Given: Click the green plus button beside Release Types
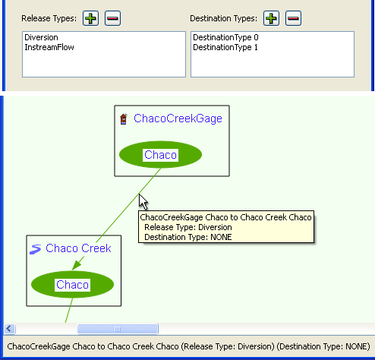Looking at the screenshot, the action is (x=90, y=18).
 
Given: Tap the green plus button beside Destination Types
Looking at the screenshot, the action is (x=271, y=18).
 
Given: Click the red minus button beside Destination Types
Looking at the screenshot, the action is (x=293, y=18).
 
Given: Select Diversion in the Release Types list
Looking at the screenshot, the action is (x=41, y=37).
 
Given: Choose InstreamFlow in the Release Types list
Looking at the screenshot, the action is (x=49, y=47).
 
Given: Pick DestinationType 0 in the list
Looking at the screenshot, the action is (x=225, y=37).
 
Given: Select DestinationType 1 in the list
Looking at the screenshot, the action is (x=225, y=47).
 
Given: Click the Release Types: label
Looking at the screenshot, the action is (x=49, y=18).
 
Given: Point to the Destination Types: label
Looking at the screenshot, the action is (x=223, y=18).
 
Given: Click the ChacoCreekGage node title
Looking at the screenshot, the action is (x=178, y=118).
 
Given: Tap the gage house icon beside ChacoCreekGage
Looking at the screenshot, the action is (x=124, y=119).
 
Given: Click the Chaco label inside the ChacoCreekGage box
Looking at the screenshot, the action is (x=160, y=155).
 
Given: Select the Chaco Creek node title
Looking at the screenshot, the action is (x=78, y=248).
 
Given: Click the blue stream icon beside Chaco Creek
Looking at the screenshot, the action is (x=35, y=249).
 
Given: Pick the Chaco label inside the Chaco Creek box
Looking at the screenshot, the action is (x=72, y=285).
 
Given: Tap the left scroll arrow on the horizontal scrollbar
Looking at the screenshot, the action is (x=9, y=329).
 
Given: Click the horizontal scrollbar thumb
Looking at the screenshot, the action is (x=118, y=329).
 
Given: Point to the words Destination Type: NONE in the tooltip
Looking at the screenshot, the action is (x=188, y=237).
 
